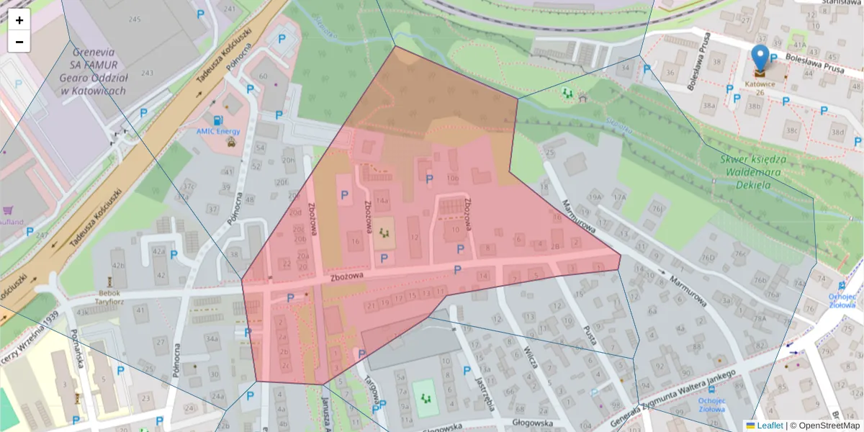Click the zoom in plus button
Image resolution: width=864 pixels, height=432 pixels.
coord(19,20)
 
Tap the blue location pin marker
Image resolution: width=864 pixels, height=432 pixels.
coord(760,58)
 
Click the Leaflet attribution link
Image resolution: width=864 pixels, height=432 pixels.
coord(769,426)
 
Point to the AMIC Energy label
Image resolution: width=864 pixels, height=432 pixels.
coord(218,132)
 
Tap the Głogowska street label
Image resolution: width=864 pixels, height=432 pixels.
coord(531,424)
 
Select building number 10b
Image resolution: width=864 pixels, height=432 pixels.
coord(452,178)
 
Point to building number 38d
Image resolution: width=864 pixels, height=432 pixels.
coord(837,132)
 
